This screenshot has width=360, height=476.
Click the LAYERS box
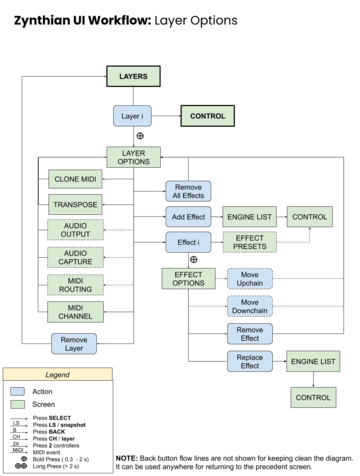tap(133, 76)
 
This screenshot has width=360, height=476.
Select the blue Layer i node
tap(132, 116)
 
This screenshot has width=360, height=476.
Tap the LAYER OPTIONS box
tap(133, 156)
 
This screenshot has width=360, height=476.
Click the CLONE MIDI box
tap(75, 179)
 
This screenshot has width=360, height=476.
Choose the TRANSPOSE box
tap(75, 204)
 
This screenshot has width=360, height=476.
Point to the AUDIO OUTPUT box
tap(75, 230)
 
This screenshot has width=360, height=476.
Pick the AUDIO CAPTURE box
tap(75, 257)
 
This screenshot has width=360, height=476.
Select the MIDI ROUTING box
tap(75, 284)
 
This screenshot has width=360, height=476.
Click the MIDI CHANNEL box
tap(75, 311)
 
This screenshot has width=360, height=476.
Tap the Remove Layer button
tap(74, 344)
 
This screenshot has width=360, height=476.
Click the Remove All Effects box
tap(188, 191)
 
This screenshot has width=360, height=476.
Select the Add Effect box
tap(188, 216)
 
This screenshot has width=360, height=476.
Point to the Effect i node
tap(188, 242)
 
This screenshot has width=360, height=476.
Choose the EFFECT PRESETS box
tap(250, 242)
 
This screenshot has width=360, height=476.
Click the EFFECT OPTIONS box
tap(188, 278)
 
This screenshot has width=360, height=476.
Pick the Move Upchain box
tap(250, 278)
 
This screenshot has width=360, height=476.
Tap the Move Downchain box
tap(250, 306)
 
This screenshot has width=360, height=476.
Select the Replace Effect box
tap(250, 361)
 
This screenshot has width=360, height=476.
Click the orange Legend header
tap(57, 374)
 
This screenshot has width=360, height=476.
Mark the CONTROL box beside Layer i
tap(208, 116)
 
